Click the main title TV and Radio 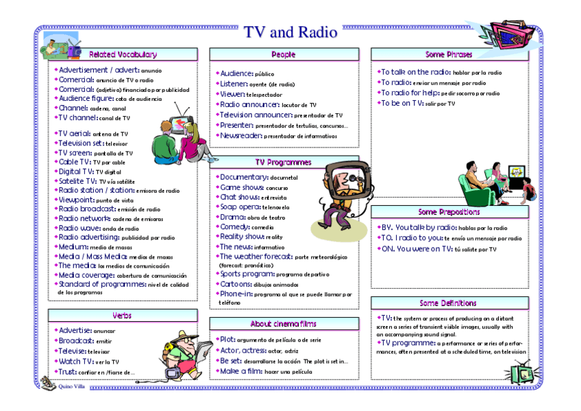point(290,32)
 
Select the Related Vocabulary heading point(123,54)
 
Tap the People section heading point(284,54)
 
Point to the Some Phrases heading point(449,54)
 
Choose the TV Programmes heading point(284,163)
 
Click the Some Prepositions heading point(449,212)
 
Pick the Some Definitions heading point(449,303)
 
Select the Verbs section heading point(123,315)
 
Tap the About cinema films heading point(284,323)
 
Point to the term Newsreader point(240,135)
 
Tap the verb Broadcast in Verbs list point(76,340)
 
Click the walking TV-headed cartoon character point(342,194)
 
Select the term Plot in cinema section point(227,339)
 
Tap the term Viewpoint point(77,200)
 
